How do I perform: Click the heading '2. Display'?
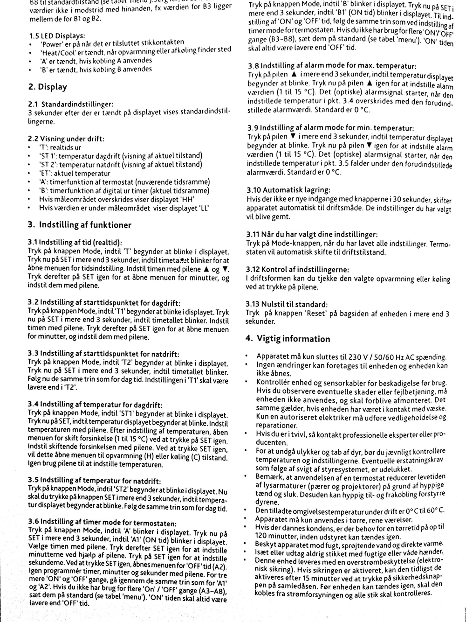pos(48,87)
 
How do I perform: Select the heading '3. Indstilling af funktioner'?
pos(79,225)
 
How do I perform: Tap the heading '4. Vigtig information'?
pos(288,339)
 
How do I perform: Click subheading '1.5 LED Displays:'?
pos(56,36)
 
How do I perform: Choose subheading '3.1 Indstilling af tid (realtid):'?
pos(75,242)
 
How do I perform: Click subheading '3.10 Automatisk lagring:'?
pos(288,190)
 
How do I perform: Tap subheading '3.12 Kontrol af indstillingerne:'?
pos(297,270)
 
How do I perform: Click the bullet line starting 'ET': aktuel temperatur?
pos(75,173)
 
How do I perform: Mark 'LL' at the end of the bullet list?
pos(204,208)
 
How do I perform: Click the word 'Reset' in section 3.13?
pos(317,314)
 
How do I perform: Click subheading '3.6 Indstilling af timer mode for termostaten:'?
pos(102,523)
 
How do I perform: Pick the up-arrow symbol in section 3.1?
pos(206,269)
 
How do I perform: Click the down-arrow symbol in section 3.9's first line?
pos(293,136)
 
